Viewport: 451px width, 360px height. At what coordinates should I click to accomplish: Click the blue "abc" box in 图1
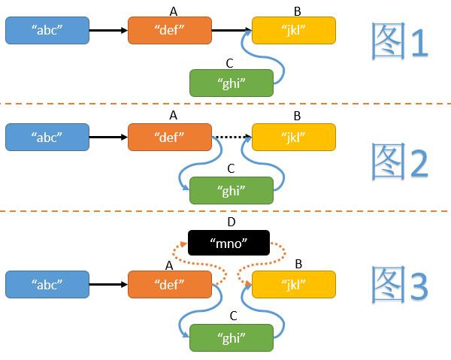[x=47, y=30]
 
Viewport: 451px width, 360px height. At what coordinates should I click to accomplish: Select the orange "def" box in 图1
[x=170, y=30]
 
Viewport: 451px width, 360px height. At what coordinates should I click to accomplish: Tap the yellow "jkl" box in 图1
[x=293, y=30]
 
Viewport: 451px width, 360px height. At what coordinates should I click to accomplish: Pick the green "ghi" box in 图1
[x=231, y=83]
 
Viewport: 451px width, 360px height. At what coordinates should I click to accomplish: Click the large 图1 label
[x=400, y=44]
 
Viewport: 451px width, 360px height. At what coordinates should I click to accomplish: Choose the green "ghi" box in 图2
[x=231, y=189]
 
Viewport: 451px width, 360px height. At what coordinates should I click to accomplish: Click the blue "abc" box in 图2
[x=47, y=138]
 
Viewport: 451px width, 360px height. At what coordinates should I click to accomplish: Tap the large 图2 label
[x=400, y=159]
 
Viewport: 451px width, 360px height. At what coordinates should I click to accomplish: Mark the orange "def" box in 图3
[x=170, y=286]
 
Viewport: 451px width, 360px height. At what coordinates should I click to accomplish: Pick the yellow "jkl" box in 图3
[x=293, y=286]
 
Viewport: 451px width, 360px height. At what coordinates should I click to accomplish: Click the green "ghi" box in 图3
[x=231, y=337]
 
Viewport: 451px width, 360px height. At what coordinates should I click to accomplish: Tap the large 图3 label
[x=400, y=286]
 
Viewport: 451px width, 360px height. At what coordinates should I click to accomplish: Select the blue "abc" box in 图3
[x=47, y=286]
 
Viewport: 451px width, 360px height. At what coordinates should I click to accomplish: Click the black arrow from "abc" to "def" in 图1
[x=107, y=30]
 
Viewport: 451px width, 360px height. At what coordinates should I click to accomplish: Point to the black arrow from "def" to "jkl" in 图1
[x=231, y=30]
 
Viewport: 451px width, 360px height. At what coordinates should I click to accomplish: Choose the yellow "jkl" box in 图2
[x=293, y=138]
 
